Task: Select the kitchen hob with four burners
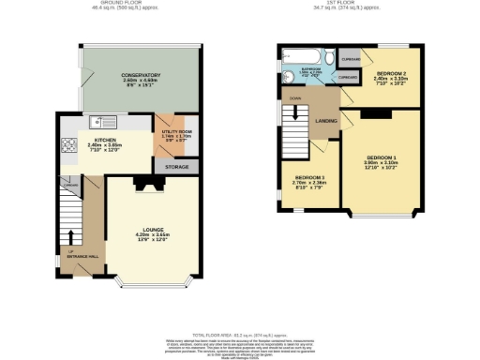click(69, 144)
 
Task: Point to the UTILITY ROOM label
click(176, 134)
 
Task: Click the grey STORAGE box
click(177, 167)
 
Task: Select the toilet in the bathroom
click(286, 79)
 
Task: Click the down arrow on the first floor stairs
click(296, 97)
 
